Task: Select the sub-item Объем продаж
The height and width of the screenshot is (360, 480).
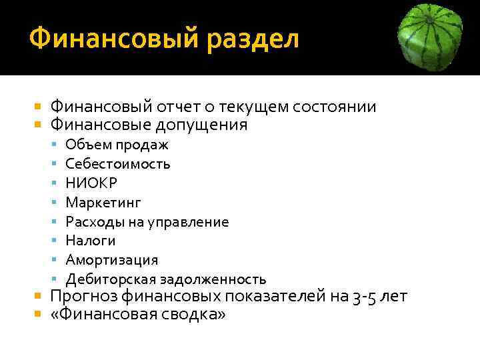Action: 117,145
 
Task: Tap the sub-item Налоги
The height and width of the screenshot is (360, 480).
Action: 90,241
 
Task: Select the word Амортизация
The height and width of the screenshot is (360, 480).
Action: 111,260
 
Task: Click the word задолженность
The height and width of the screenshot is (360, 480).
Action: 215,279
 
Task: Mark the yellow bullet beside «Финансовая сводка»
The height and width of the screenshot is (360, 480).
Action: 38,314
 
